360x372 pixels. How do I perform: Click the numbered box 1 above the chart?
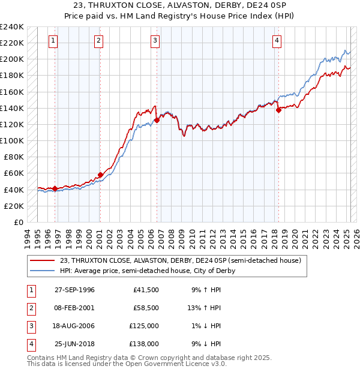[x=53, y=41]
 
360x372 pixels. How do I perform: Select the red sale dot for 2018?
[x=279, y=110]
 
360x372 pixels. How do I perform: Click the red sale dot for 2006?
[x=157, y=120]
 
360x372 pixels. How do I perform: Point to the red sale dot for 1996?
[x=55, y=188]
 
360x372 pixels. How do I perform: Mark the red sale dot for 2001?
[x=100, y=175]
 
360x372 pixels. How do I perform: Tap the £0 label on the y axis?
[x=18, y=222]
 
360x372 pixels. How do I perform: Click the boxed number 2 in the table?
[x=30, y=308]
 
